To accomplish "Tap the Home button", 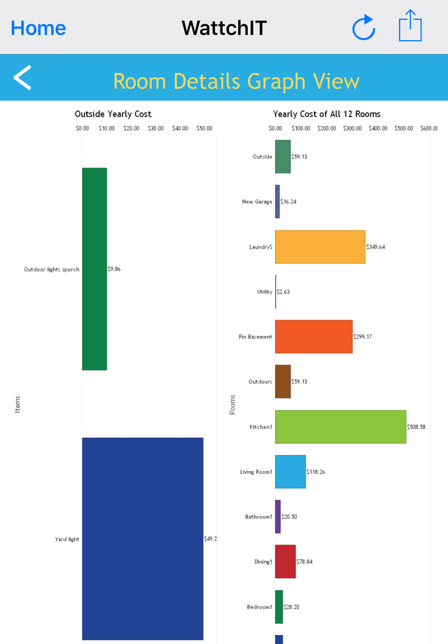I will tap(38, 28).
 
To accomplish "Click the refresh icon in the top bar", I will tap(363, 28).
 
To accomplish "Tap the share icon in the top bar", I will tap(410, 27).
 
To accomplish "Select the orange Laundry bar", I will tap(320, 246).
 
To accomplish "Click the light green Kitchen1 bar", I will tap(340, 426).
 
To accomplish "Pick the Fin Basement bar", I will tap(314, 337).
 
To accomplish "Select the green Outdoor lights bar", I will tap(94, 269).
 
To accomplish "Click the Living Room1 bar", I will tap(290, 472).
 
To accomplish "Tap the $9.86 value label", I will tap(114, 269).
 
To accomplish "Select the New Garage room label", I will tap(257, 202).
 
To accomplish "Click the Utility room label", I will tap(264, 292).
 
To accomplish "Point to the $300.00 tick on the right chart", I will tap(352, 129).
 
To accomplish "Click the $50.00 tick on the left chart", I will tap(204, 129).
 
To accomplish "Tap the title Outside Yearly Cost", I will tap(113, 114).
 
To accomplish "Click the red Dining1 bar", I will tap(286, 561).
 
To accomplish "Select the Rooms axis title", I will tap(233, 404).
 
